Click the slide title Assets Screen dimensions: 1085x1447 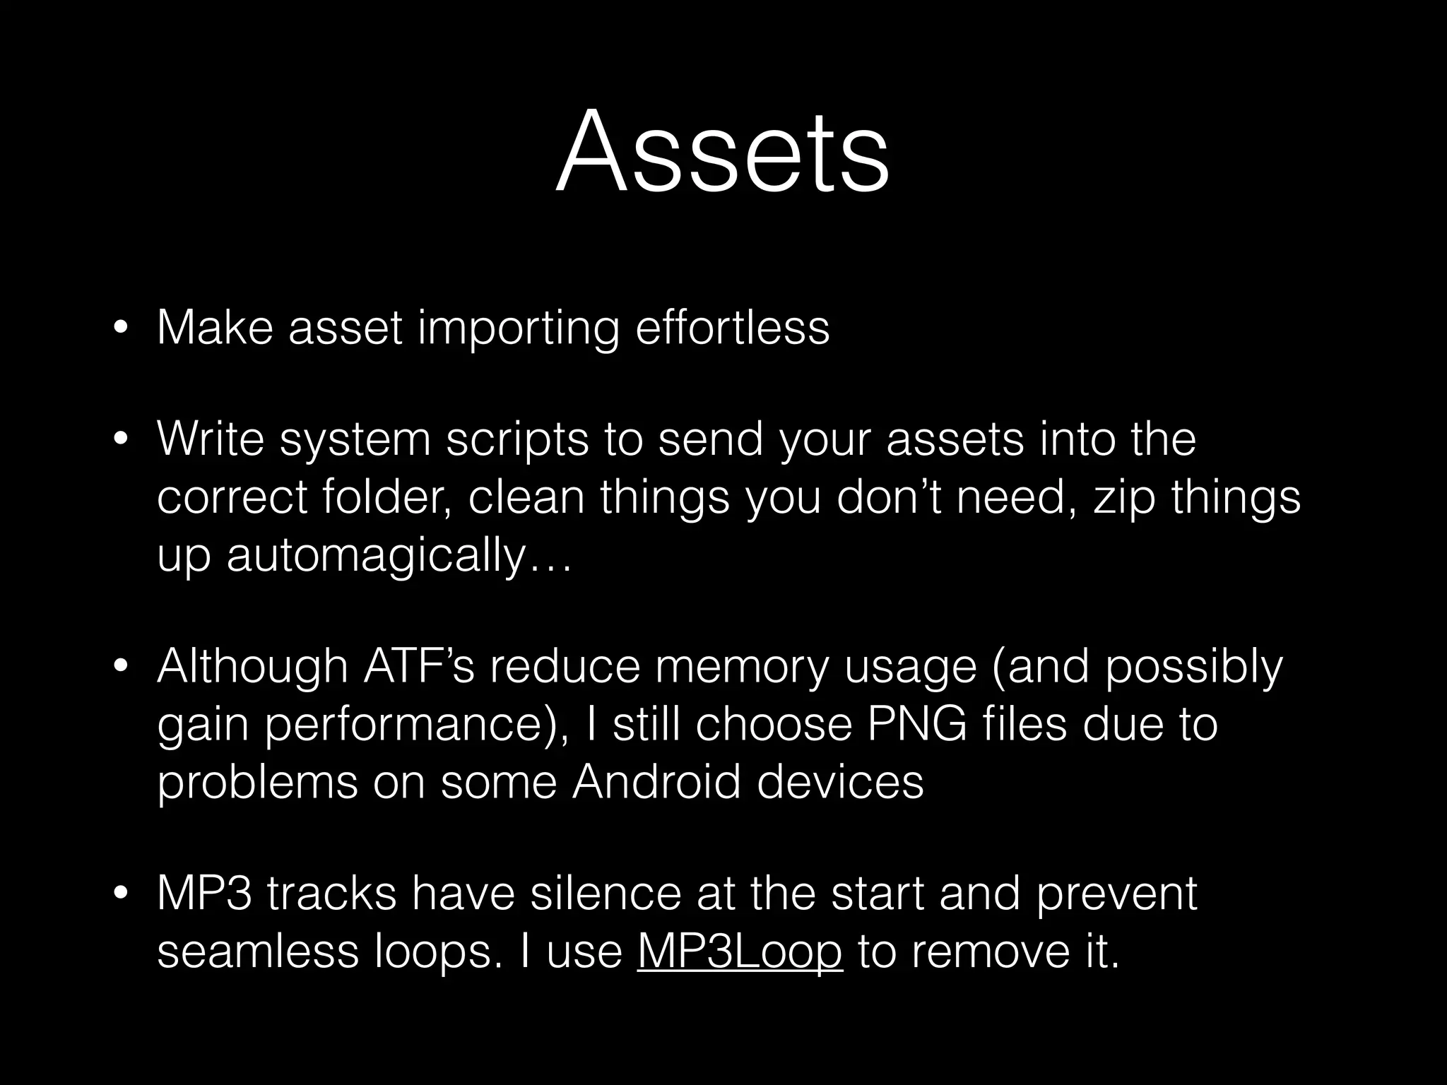click(722, 153)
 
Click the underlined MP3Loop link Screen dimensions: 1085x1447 click(739, 951)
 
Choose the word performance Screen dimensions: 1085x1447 click(410, 725)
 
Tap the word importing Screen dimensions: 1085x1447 click(518, 328)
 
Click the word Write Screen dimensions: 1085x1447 click(211, 439)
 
